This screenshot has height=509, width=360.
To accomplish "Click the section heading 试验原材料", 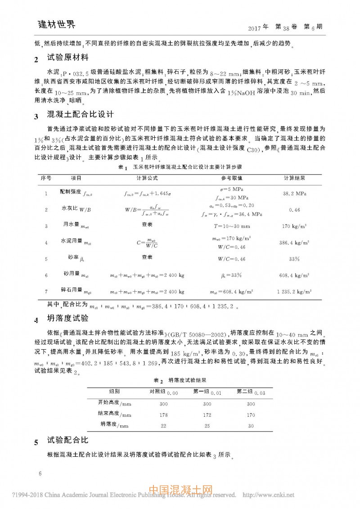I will [68, 58].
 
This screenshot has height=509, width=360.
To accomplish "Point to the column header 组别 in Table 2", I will [114, 391].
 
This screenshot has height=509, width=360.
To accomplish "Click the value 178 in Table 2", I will [164, 414].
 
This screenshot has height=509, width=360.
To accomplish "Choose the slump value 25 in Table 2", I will [207, 425].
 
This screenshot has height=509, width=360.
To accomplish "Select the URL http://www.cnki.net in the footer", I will [269, 495].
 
